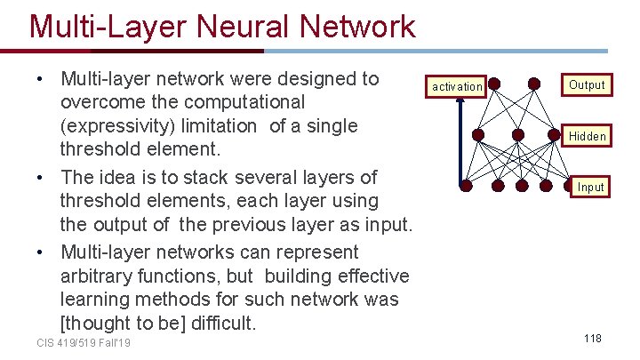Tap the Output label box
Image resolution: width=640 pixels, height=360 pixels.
point(587,85)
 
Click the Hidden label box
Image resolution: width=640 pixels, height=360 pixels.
point(588,136)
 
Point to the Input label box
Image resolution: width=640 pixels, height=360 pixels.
point(590,187)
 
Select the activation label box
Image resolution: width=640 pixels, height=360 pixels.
point(457,86)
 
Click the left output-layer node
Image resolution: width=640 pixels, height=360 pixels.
point(494,84)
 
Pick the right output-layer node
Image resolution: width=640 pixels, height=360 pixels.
point(534,84)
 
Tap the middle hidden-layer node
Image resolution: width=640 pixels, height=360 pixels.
point(518,135)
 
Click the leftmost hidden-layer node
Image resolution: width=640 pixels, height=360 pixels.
point(477,135)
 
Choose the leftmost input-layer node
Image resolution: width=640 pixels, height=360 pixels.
point(465,187)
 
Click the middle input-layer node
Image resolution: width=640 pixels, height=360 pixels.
point(522,187)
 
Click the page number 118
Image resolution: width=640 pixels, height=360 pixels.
point(593,339)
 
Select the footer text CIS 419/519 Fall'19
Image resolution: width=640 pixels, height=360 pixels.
point(84,342)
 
